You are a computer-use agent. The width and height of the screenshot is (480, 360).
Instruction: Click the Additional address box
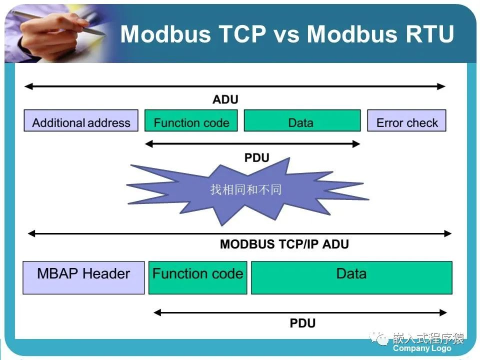point(81,121)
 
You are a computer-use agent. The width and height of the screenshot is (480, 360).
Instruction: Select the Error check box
point(406,121)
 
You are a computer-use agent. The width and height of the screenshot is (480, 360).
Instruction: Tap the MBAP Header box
point(83,277)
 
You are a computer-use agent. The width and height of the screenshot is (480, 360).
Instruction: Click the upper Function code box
point(191,121)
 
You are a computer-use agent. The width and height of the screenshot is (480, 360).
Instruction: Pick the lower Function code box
point(198,277)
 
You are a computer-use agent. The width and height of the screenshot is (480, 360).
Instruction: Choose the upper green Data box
point(302,121)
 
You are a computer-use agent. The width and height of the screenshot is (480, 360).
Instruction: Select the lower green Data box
point(351,277)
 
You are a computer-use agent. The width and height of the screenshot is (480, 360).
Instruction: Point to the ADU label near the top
point(225,99)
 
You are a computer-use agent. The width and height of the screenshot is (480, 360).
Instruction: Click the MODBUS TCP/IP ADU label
point(284,244)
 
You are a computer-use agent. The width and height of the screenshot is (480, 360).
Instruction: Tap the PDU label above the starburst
point(257,158)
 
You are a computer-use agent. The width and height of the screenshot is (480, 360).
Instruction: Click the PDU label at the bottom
point(302,323)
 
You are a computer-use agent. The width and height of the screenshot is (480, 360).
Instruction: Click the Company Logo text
point(422,348)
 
